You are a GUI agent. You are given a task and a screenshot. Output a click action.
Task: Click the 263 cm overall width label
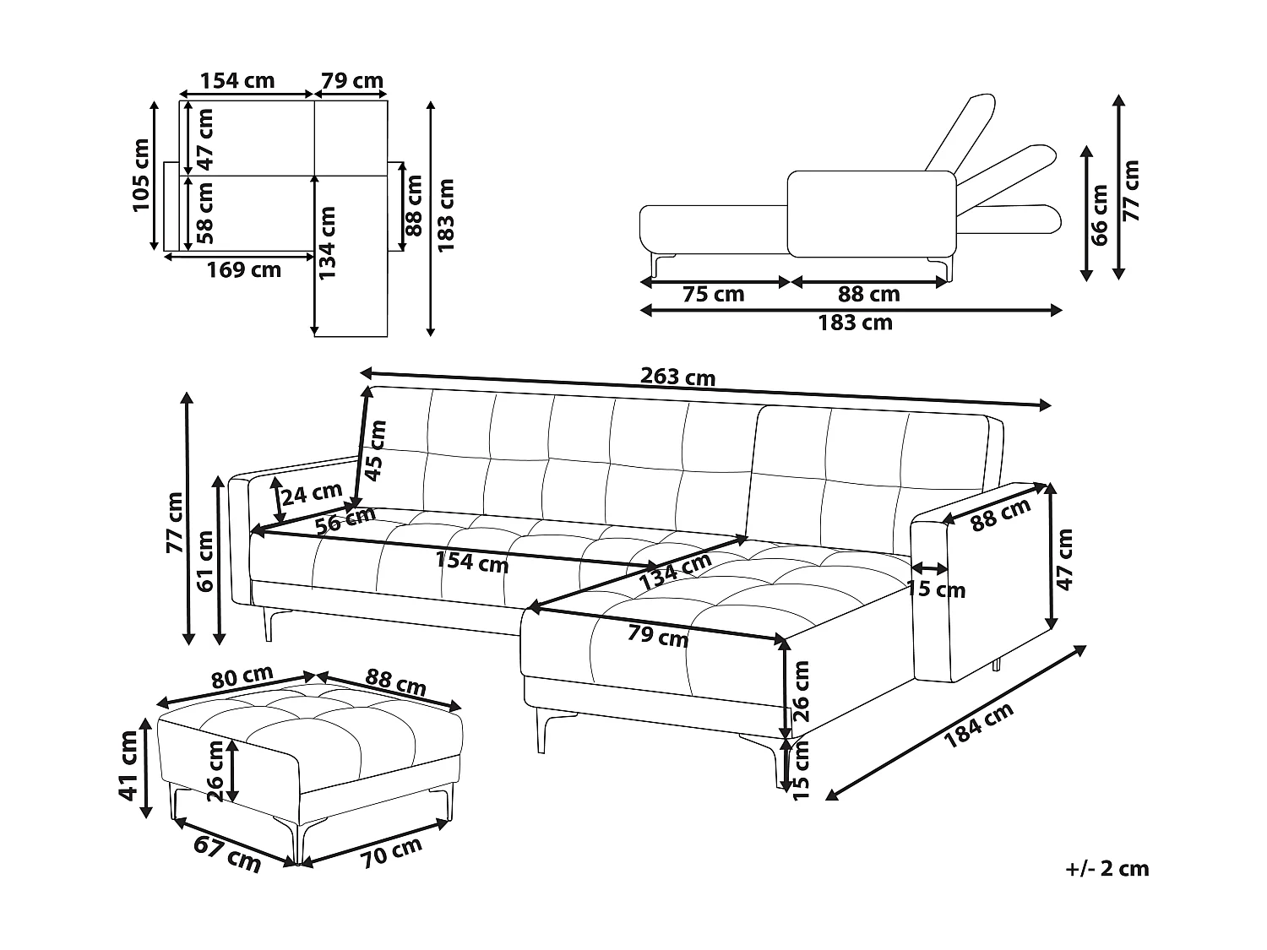coord(677,376)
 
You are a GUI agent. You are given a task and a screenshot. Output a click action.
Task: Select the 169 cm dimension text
coord(244,270)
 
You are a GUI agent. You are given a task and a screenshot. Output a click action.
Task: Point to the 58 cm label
coord(204,213)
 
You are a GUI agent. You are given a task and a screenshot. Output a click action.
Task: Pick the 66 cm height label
coord(1099,214)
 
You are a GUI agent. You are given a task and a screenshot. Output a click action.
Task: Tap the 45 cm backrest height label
coord(376,449)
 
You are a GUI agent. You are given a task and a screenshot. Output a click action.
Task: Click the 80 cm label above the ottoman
coord(242,676)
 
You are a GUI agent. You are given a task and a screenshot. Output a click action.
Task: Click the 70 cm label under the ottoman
coord(391,853)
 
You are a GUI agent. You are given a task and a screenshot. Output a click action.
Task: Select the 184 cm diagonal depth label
coord(978,725)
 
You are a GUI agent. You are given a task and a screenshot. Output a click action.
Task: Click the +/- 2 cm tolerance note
coord(1107,868)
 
